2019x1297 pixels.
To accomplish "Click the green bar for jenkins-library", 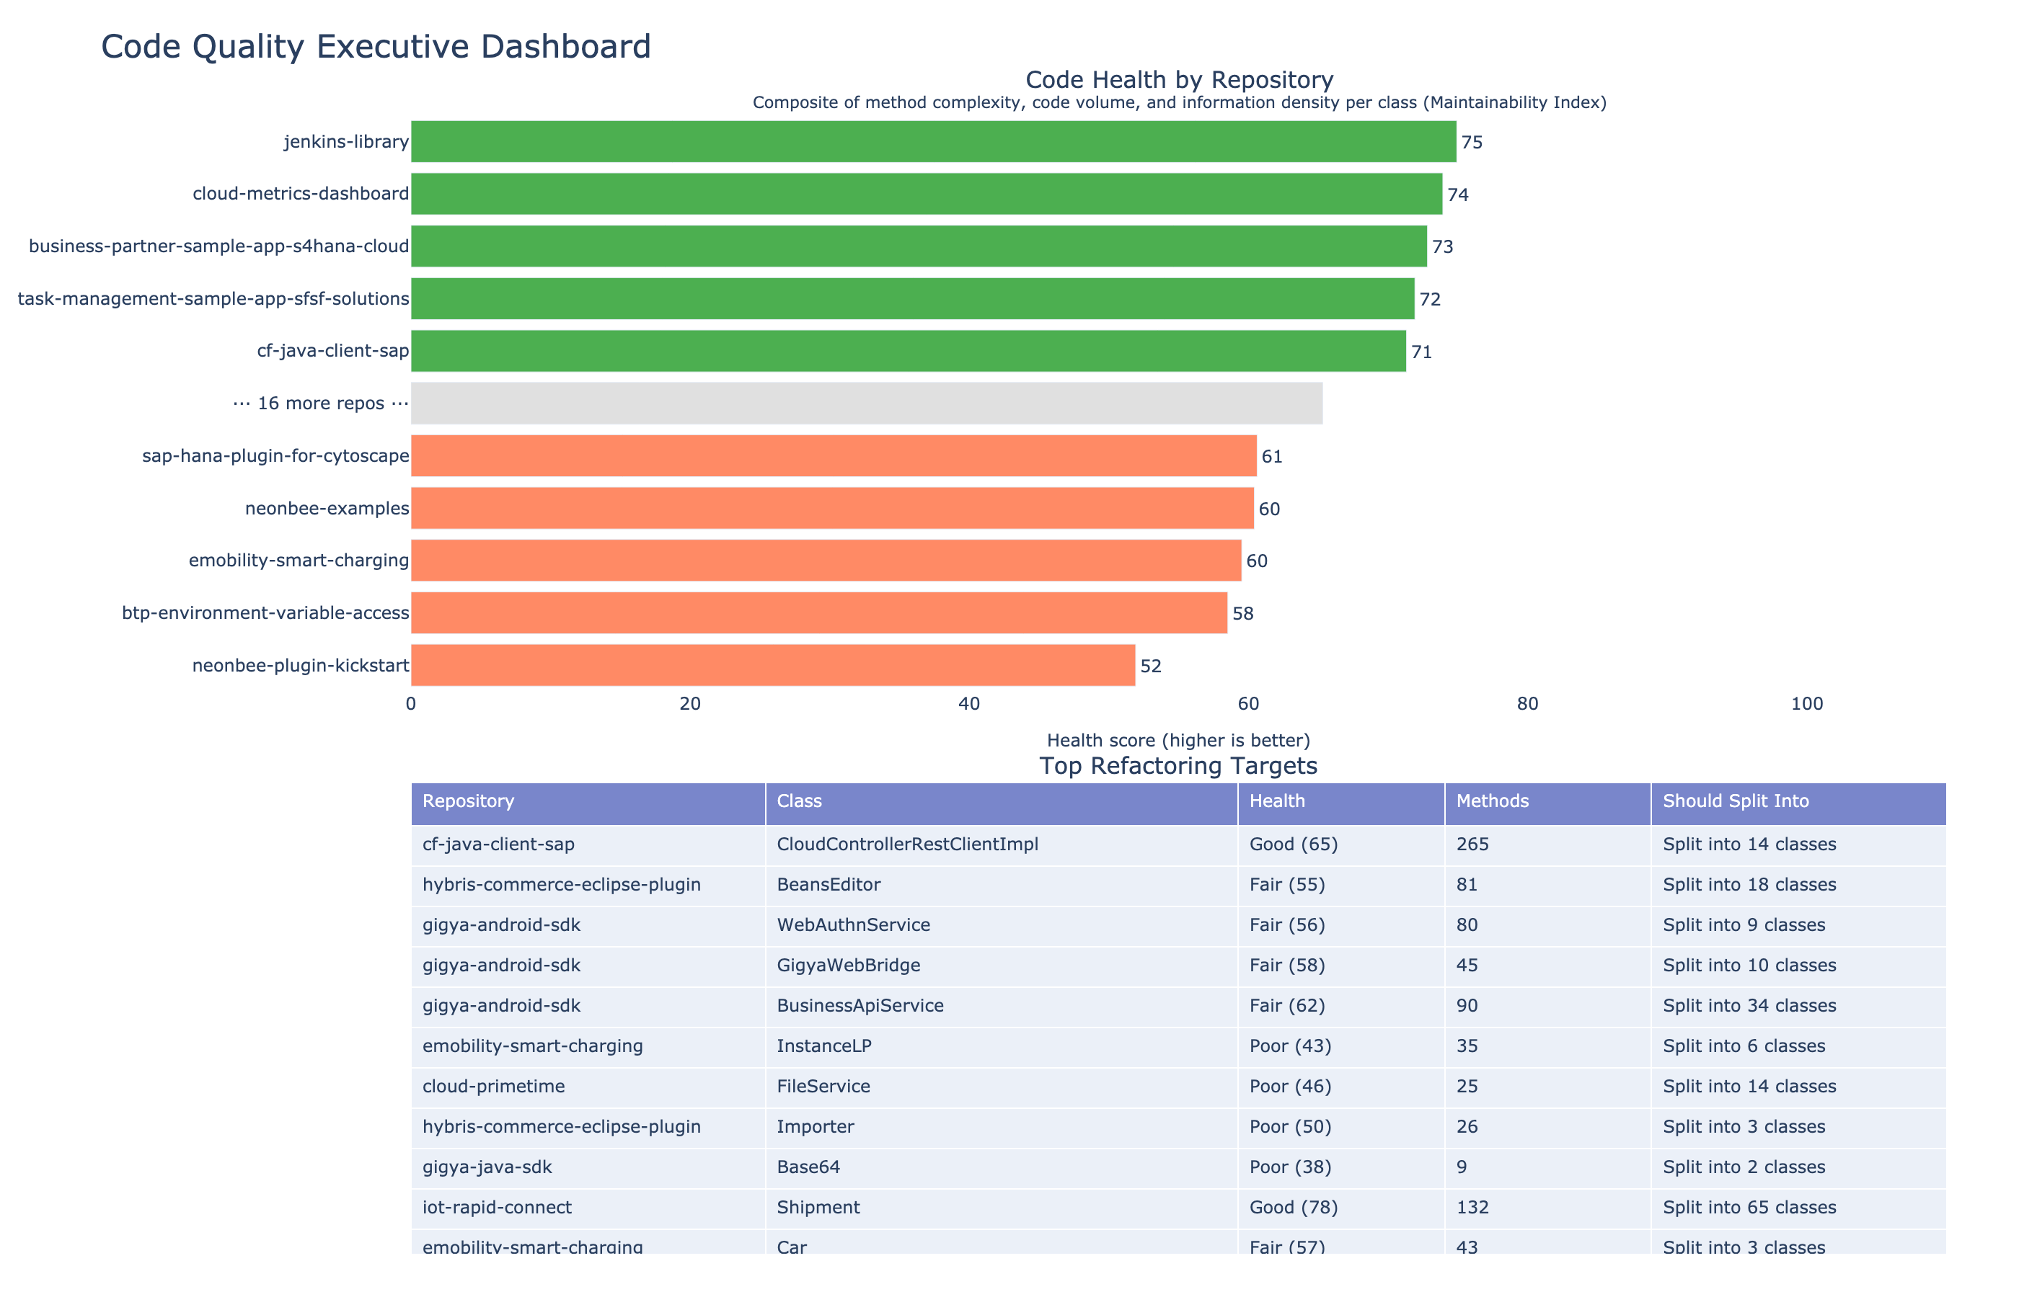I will [x=933, y=141].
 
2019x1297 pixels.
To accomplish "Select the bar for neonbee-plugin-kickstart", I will [x=773, y=665].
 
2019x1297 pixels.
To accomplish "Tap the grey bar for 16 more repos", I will [x=866, y=404].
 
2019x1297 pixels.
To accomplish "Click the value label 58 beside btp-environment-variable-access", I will [x=1242, y=613].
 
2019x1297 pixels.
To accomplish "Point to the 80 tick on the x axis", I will [x=1527, y=704].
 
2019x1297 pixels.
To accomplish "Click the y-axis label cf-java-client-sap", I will [x=333, y=351].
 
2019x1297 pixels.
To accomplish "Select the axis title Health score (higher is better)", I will [x=1178, y=740].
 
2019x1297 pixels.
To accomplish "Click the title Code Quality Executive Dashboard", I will [x=376, y=46].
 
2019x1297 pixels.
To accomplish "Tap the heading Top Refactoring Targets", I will [x=1178, y=765].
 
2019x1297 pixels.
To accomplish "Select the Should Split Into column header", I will [x=1736, y=801].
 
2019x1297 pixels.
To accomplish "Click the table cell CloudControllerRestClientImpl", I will [x=906, y=844].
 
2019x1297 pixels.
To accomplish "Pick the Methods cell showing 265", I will [x=1472, y=844].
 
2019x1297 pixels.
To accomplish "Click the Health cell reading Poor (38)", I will [x=1290, y=1167].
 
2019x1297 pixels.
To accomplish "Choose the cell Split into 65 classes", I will [x=1749, y=1208].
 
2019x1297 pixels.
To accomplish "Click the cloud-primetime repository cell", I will [x=493, y=1087].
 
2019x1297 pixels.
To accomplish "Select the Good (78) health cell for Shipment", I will [x=1294, y=1208].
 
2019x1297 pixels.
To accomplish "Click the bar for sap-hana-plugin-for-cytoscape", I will [x=834, y=455].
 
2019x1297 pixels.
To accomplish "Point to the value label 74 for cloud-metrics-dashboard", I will [x=1457, y=195].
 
